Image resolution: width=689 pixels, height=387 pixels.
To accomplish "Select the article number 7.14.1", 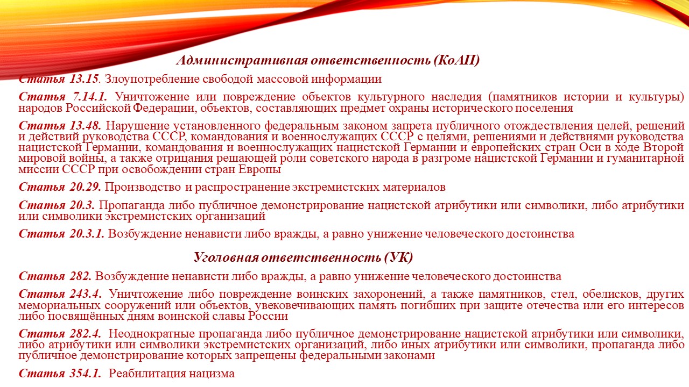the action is (x=90, y=97).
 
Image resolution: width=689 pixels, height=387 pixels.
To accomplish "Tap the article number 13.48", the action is (x=86, y=126).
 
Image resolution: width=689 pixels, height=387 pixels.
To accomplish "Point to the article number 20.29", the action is (x=85, y=187).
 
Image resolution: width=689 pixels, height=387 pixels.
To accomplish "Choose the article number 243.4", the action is (x=86, y=294).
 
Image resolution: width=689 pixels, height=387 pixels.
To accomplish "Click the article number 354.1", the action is (x=86, y=374).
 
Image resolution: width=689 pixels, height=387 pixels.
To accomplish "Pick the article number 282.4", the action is (x=86, y=334).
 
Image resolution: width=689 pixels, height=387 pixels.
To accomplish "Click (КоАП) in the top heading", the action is (x=457, y=60).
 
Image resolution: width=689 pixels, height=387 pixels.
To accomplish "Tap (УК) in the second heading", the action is (x=399, y=257).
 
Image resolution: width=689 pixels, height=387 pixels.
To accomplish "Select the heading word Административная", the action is (x=242, y=60).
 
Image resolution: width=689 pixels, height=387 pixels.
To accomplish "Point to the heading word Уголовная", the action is (x=227, y=257).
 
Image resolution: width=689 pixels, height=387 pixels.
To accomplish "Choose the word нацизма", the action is (x=212, y=374).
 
